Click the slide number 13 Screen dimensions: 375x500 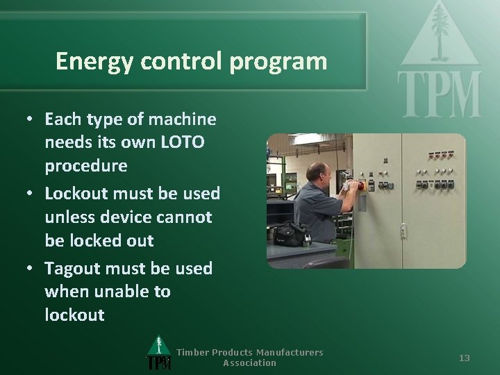pos(465,358)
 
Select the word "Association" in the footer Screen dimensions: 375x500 pos(249,362)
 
